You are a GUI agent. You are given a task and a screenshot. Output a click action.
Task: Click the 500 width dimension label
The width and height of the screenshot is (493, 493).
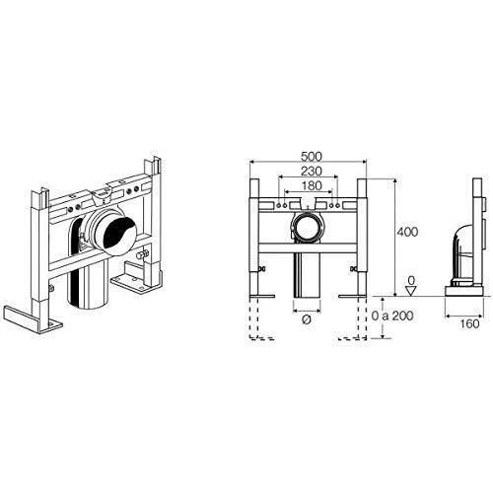pyautogui.click(x=312, y=157)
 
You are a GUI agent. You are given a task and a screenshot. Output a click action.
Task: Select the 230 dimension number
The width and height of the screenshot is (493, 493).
pyautogui.click(x=312, y=171)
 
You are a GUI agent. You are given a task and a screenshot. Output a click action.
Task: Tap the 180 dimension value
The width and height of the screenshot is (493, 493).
pyautogui.click(x=312, y=185)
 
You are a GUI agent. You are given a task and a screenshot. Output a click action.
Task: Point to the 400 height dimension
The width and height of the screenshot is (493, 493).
pyautogui.click(x=407, y=232)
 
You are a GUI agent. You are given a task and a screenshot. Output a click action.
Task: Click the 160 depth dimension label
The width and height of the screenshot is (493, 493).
pyautogui.click(x=469, y=323)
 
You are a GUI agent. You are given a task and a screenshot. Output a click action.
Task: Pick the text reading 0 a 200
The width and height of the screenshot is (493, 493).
pyautogui.click(x=392, y=316)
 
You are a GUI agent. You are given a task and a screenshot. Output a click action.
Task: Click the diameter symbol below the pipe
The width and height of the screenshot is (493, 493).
pyautogui.click(x=307, y=319)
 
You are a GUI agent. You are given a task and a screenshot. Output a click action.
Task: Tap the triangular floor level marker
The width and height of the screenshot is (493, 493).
pyautogui.click(x=411, y=291)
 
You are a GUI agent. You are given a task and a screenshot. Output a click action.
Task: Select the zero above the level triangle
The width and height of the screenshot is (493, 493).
pyautogui.click(x=411, y=280)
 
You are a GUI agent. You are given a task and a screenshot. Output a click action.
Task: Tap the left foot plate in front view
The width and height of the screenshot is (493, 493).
pyautogui.click(x=262, y=296)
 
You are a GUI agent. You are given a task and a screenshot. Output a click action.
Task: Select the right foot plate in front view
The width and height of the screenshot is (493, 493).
pyautogui.click(x=352, y=296)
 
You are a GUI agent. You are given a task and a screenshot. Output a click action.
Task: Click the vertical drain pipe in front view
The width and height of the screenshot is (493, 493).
pyautogui.click(x=307, y=275)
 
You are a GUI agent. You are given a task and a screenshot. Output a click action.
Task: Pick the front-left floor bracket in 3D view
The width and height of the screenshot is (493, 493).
pyautogui.click(x=32, y=319)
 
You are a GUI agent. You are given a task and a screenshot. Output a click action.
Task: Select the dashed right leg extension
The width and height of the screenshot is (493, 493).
pyautogui.click(x=358, y=318)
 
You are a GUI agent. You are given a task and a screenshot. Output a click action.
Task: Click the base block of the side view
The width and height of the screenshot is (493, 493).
pyautogui.click(x=464, y=291)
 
